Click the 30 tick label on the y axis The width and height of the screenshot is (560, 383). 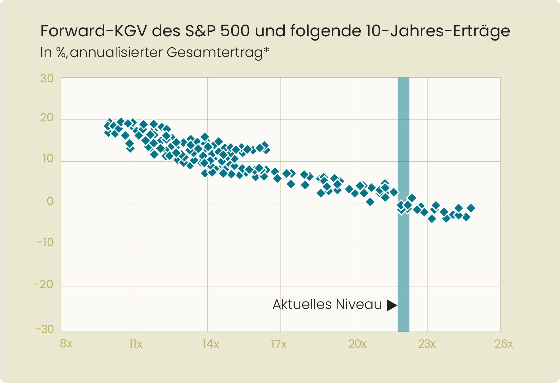coord(47,79)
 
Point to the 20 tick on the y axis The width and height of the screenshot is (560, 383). coord(47,118)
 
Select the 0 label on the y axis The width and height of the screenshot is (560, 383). coord(50,202)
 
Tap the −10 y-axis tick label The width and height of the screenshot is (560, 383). coord(45,243)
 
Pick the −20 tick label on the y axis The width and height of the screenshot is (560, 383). coord(44,284)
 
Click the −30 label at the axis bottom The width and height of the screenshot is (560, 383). coord(45,329)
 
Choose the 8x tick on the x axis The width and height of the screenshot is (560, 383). coord(66,344)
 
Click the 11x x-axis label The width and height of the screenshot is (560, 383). coord(135,344)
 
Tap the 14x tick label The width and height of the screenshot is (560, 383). coord(211,344)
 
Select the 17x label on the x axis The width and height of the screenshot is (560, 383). coord(279,344)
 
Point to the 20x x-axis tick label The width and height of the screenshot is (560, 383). coord(357,344)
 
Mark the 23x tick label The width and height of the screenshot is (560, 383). coord(427,344)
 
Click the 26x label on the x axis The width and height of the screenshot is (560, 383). coord(504,344)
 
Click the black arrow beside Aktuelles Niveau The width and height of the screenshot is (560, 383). coord(392,305)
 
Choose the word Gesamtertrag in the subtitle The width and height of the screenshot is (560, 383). coord(215,52)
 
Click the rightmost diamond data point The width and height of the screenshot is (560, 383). coord(471,208)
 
